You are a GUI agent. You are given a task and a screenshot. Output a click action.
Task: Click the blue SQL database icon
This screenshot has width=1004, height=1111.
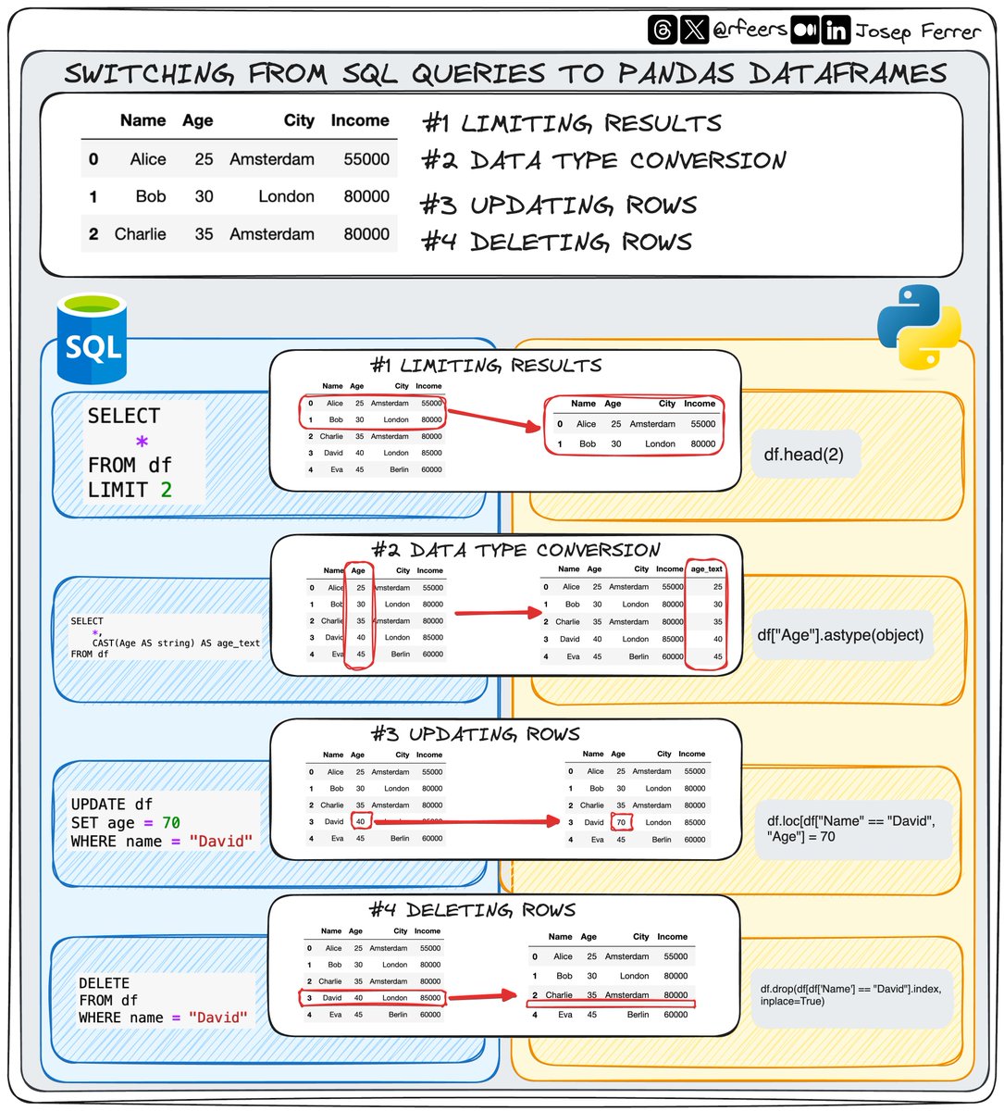(92, 339)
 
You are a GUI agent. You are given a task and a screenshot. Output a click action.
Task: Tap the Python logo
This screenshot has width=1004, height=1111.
(918, 327)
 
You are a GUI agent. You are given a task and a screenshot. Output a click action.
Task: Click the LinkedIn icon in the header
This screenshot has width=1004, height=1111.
(836, 31)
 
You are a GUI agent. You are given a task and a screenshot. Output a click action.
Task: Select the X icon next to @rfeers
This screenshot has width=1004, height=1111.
(693, 30)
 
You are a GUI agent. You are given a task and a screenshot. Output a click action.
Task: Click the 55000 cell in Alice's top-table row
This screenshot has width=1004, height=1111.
(366, 159)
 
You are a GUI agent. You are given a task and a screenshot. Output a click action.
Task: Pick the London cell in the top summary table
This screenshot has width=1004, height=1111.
(286, 196)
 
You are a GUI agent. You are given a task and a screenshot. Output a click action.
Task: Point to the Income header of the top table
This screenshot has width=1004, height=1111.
(360, 120)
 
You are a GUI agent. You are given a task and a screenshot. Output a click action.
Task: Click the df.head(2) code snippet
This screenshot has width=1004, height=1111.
(803, 455)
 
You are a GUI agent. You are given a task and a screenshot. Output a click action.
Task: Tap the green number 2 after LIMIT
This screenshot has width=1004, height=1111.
(167, 490)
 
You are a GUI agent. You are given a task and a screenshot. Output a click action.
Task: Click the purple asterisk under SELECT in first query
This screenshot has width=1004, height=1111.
(142, 442)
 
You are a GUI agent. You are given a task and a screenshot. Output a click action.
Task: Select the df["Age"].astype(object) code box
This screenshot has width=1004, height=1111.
(840, 635)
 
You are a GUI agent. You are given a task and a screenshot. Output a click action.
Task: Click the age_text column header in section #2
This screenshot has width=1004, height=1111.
(707, 569)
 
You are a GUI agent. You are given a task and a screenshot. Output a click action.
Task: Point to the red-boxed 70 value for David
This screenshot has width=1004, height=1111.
(621, 822)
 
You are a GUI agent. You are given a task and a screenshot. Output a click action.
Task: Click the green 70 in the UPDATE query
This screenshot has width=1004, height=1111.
(171, 823)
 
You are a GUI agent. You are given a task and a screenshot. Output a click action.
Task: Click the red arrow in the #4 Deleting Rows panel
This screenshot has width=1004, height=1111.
(481, 997)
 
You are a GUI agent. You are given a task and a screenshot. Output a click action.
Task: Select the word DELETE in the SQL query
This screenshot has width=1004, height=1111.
(104, 983)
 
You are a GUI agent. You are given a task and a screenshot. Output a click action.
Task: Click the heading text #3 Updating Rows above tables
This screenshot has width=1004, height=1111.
(476, 735)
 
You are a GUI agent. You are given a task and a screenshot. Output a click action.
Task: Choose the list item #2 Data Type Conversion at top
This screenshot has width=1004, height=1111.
(604, 161)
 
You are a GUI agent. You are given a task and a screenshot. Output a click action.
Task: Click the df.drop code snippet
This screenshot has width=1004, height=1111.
(850, 995)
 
